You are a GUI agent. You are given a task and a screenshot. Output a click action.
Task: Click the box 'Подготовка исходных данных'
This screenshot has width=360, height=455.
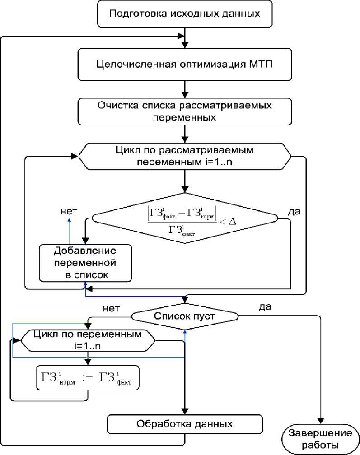coord(185,13)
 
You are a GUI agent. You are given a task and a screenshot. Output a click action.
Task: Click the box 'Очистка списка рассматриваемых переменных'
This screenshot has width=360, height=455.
coord(185,111)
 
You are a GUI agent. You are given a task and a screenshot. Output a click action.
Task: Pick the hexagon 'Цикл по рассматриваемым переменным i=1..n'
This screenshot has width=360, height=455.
coord(185,156)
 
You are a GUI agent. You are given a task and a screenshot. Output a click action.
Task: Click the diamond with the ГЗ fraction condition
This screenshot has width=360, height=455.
coord(185,218)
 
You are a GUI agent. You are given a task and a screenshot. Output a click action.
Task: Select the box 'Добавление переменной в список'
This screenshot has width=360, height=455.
coord(85,262)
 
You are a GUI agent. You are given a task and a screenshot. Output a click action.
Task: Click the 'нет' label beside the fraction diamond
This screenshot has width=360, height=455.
coord(69,210)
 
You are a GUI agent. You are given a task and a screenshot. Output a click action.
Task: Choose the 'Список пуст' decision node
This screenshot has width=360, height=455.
coord(185,316)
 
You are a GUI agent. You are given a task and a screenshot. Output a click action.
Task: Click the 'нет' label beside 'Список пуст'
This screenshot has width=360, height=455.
coord(111,309)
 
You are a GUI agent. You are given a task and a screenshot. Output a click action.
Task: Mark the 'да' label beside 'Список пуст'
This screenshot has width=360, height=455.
coord(265,307)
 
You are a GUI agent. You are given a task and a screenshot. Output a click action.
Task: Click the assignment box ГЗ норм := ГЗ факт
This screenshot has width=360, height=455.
coord(88,377)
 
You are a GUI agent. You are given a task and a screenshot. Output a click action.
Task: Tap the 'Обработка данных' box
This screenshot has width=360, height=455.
coord(185,424)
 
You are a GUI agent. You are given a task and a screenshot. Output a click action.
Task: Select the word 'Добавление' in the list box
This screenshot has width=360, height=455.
coord(85,251)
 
